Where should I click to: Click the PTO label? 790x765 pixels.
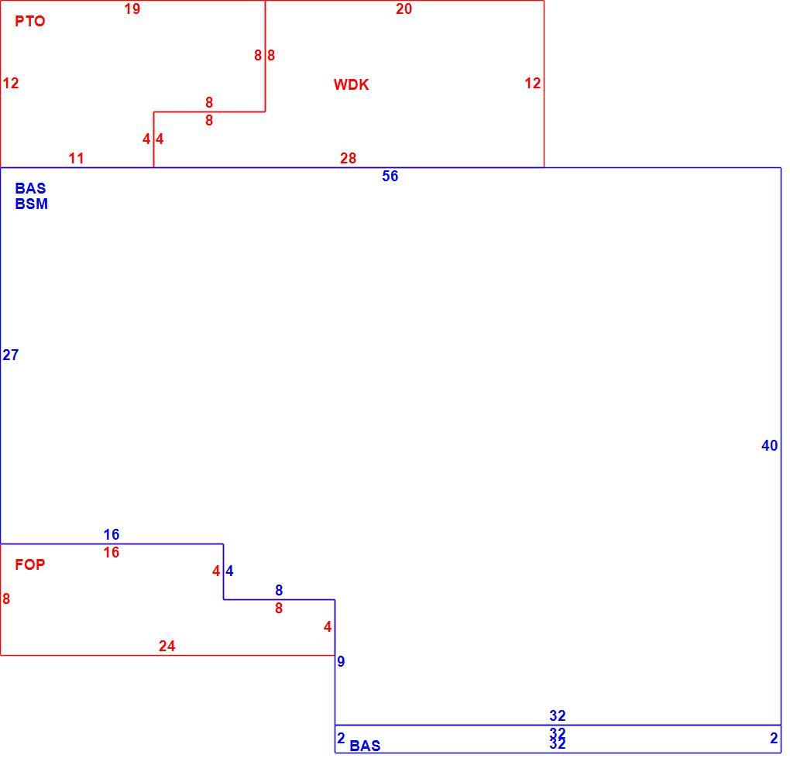pos(29,21)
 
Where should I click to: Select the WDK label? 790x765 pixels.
pos(351,84)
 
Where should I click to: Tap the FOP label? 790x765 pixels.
pos(29,564)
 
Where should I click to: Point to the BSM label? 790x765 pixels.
pos(31,204)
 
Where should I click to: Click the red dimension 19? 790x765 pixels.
pos(132,9)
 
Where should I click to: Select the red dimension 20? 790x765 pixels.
pos(404,9)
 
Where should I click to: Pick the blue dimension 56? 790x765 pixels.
pos(390,177)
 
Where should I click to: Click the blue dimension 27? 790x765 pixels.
pos(11,355)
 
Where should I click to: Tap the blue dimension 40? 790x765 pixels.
pos(769,446)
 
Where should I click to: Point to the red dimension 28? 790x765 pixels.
pos(348,159)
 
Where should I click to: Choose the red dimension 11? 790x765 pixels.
pos(76,159)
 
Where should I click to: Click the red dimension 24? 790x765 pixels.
pos(167,646)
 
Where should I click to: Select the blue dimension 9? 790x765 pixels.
pos(341,662)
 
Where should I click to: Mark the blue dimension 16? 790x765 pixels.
pos(112,534)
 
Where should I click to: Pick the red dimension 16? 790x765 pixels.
pos(112,553)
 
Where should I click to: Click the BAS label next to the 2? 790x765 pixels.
pos(365,746)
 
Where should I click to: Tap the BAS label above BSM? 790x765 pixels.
pos(30,188)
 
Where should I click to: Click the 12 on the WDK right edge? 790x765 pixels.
pos(533,83)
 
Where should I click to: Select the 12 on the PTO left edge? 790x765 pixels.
pos(11,83)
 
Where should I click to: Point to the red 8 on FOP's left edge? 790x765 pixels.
pos(6,599)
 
